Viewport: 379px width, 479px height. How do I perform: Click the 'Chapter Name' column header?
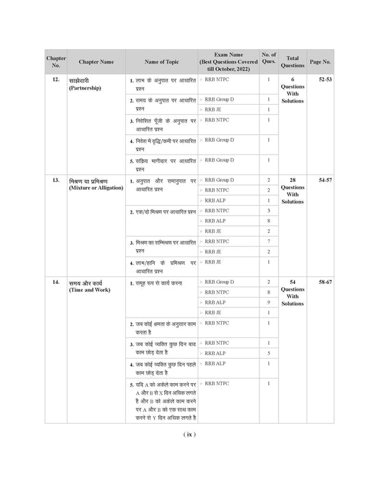(x=96, y=61)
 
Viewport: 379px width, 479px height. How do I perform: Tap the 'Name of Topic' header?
(x=161, y=61)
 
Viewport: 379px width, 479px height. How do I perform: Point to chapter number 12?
(x=55, y=80)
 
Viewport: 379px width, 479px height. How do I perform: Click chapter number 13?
(x=55, y=179)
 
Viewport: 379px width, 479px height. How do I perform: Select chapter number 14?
(x=55, y=282)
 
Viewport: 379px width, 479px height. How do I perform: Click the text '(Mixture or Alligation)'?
(x=96, y=187)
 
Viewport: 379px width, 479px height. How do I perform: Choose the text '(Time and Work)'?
(x=90, y=290)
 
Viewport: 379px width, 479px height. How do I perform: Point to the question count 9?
(x=268, y=302)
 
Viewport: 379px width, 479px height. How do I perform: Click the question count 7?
(x=268, y=242)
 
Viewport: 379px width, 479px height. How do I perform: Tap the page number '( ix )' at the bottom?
(x=189, y=434)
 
